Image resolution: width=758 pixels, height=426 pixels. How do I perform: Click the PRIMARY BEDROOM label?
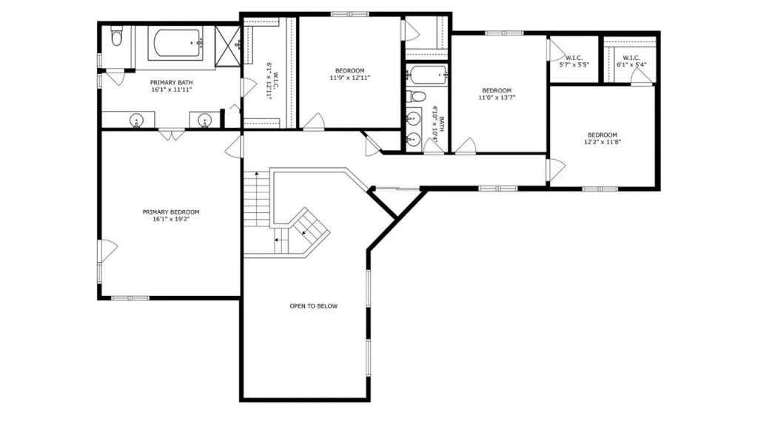(x=171, y=212)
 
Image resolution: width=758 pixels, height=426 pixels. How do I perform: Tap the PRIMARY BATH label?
(x=171, y=83)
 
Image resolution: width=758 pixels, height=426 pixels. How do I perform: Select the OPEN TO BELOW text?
(x=314, y=306)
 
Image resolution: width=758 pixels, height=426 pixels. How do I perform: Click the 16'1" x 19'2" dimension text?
(x=171, y=219)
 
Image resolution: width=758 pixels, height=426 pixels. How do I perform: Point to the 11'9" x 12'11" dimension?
(x=350, y=78)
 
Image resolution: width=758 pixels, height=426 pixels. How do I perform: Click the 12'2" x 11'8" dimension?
(x=603, y=142)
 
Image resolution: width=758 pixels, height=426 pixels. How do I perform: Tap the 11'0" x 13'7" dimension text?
(x=497, y=98)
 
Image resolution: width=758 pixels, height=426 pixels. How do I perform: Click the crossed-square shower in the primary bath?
(x=227, y=45)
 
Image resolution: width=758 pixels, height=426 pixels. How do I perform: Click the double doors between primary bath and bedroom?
(x=172, y=135)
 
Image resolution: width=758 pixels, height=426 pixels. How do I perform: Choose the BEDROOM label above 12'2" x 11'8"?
(x=603, y=135)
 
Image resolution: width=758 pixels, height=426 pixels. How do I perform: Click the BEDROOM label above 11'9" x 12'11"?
(x=350, y=71)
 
